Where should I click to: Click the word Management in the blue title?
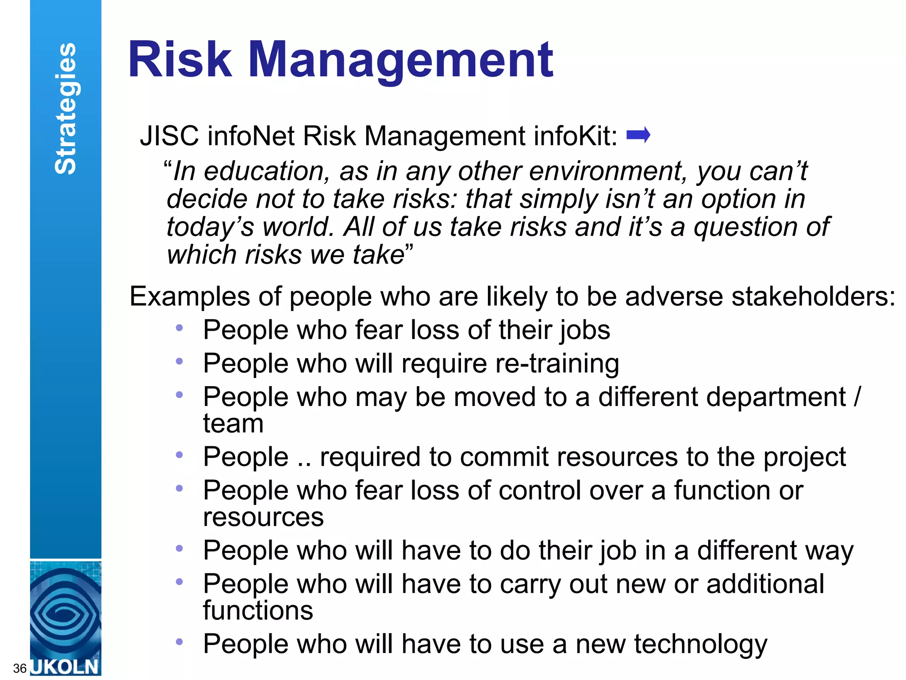(400, 60)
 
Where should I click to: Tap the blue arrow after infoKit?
(638, 135)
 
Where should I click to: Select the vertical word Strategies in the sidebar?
(65, 108)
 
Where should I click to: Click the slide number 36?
(20, 668)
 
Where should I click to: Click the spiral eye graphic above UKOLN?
(65, 611)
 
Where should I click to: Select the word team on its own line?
(233, 424)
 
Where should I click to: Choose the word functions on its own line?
(258, 610)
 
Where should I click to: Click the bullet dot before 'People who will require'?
(179, 362)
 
